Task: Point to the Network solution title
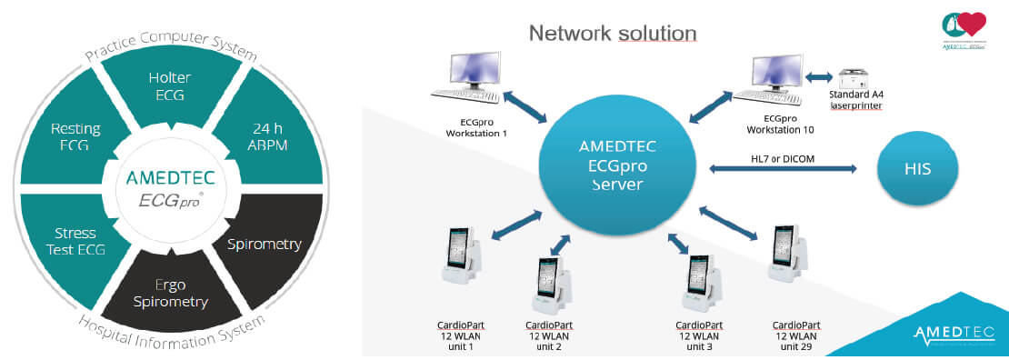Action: click(x=613, y=34)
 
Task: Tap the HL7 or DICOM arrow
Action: click(x=783, y=168)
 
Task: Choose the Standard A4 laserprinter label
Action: click(x=856, y=100)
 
